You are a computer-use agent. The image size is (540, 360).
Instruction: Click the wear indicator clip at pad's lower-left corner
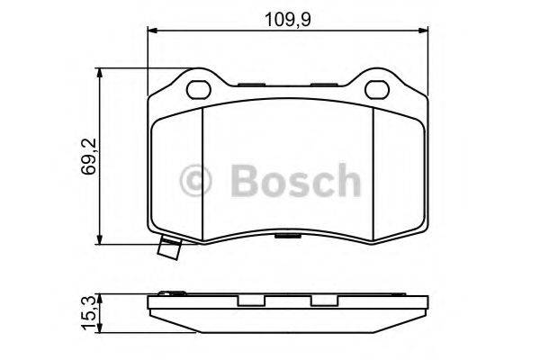click(167, 251)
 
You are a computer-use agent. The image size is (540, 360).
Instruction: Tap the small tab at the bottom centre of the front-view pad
click(287, 238)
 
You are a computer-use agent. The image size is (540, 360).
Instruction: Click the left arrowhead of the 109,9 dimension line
click(151, 31)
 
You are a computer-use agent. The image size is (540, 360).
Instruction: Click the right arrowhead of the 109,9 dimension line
click(425, 31)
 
